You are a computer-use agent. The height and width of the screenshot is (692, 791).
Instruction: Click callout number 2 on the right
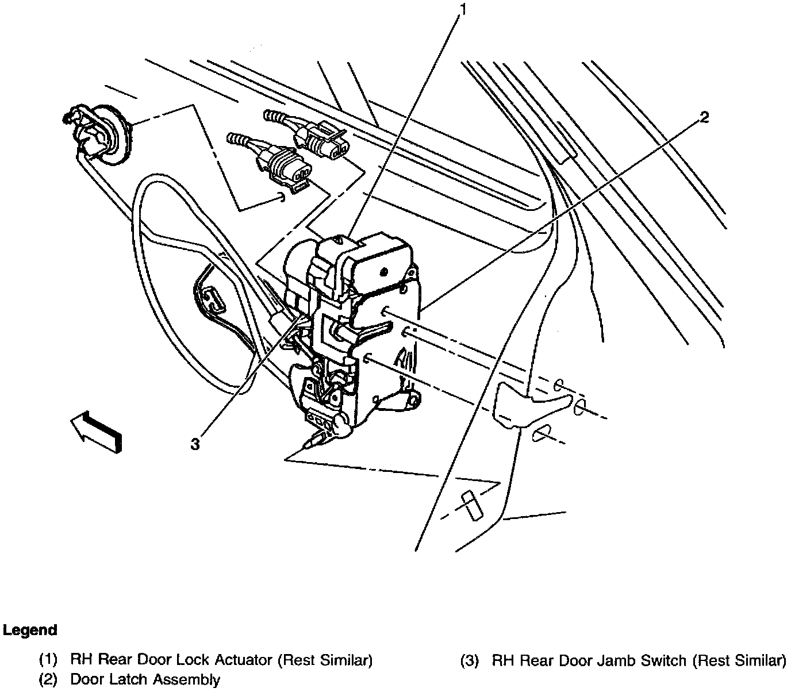coord(704,117)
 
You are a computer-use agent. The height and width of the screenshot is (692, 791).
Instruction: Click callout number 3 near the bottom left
coord(195,443)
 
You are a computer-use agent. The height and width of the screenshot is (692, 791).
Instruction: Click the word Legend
coord(30,630)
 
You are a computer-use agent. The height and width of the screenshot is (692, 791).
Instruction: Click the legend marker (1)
coord(48,660)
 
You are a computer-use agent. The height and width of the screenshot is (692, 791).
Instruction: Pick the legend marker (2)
coord(48,679)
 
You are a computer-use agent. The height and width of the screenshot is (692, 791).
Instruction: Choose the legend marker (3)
coord(470,660)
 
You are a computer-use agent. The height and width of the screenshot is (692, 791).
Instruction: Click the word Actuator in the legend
coord(242,660)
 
